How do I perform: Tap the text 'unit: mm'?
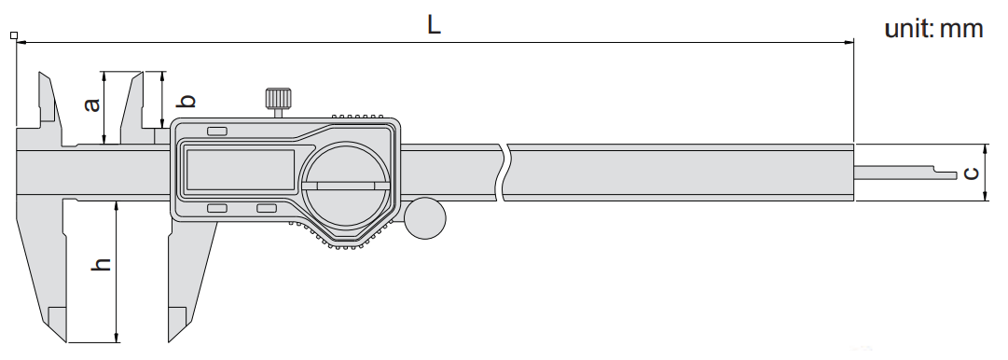pos(934,28)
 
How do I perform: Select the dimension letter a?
pos(92,104)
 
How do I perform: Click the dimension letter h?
pos(101,264)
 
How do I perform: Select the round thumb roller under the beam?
pos(425,218)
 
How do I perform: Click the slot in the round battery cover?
pos(346,186)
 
